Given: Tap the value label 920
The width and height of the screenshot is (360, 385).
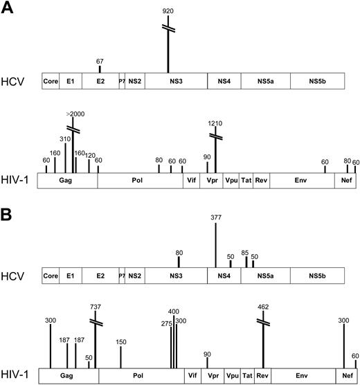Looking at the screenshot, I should pyautogui.click(x=168, y=12).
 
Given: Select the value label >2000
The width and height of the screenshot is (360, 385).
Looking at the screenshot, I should pyautogui.click(x=73, y=113).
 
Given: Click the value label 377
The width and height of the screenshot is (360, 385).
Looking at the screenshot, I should pyautogui.click(x=217, y=217).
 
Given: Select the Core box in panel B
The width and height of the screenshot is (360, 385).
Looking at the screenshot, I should pyautogui.click(x=51, y=276).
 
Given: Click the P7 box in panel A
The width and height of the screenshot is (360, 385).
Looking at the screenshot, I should pyautogui.click(x=122, y=81).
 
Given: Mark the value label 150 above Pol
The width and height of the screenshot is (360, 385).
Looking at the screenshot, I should pyautogui.click(x=121, y=341).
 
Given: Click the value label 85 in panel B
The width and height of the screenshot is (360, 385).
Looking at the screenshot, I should pyautogui.click(x=246, y=252).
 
